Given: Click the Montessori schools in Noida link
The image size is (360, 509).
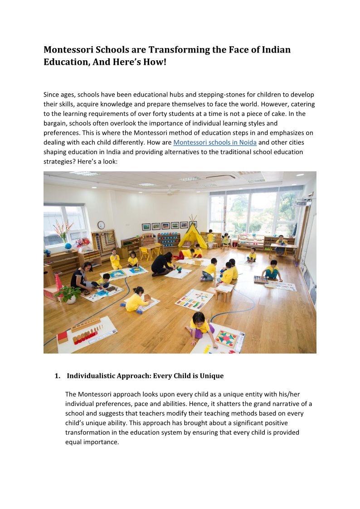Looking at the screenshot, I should (214, 142).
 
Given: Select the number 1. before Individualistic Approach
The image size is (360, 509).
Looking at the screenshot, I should (57, 376).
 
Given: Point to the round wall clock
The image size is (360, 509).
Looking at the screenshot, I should (101, 225).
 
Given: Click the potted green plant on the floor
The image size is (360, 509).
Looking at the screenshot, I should (68, 293).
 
